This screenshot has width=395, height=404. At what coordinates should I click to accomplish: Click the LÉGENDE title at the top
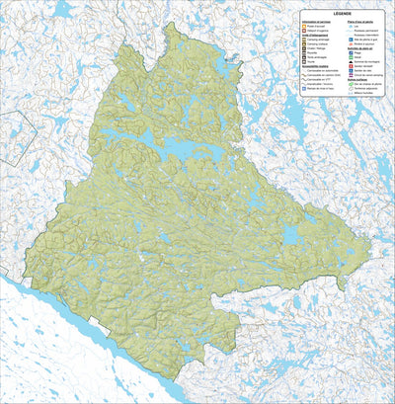pyautogui.click(x=343, y=14)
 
